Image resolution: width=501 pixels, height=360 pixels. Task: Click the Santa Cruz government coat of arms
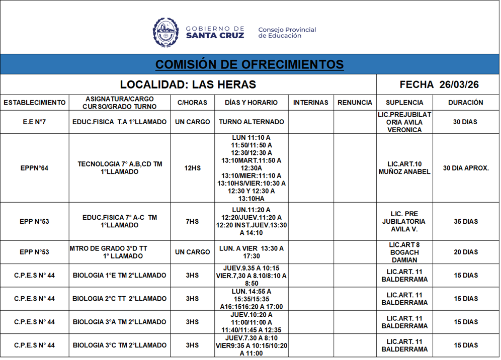(x=165, y=32)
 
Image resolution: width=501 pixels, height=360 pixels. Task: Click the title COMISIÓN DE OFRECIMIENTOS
(x=249, y=64)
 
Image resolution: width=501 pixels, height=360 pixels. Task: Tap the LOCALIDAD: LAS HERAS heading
(x=188, y=84)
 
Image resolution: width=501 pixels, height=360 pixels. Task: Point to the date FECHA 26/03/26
(x=439, y=84)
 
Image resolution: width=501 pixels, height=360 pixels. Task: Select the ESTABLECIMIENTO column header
(x=35, y=103)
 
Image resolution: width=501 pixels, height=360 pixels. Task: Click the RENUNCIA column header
(x=355, y=103)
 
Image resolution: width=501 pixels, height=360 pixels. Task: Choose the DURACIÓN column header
(x=465, y=103)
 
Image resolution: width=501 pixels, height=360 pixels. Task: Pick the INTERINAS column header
(x=311, y=103)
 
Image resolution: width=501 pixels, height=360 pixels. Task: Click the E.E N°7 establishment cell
(x=35, y=122)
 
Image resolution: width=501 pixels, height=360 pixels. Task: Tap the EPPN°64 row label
(x=35, y=168)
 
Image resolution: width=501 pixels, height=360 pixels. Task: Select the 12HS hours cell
(x=192, y=168)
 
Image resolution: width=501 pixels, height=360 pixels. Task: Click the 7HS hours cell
(x=192, y=222)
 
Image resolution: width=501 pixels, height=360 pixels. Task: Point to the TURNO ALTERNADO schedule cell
(x=252, y=122)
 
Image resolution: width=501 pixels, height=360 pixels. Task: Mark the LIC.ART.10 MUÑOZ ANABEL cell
(x=404, y=168)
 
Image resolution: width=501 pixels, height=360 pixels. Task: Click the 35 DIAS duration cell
(x=465, y=222)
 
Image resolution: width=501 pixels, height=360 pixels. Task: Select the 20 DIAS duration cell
(x=465, y=252)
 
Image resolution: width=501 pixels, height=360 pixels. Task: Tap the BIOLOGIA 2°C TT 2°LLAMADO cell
(x=119, y=299)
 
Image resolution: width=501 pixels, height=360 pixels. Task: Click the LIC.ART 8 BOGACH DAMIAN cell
(x=404, y=252)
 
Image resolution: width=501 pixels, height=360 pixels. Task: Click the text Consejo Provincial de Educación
(x=287, y=33)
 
